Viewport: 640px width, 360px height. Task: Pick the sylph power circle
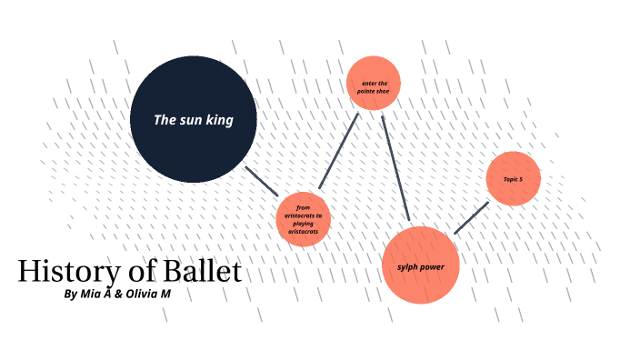click(420, 265)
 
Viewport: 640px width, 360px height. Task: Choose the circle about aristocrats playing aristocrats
click(303, 220)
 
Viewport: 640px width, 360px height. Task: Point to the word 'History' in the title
click(63, 271)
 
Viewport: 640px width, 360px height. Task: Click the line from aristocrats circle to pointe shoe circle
click(339, 151)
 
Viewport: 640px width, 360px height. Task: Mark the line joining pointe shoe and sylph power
click(396, 169)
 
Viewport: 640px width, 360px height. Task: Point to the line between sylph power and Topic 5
click(471, 218)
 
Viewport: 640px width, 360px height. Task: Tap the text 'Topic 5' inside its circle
click(514, 179)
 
